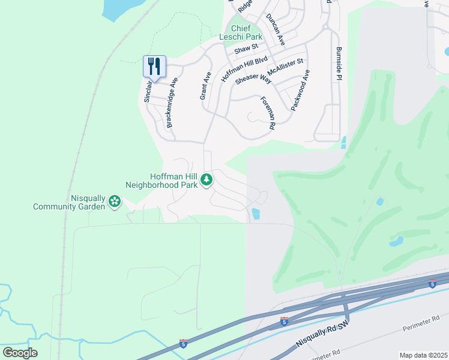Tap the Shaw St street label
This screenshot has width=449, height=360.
click(247, 47)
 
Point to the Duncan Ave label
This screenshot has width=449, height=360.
click(275, 30)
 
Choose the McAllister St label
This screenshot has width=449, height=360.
click(286, 68)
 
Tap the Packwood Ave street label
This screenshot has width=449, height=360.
click(300, 89)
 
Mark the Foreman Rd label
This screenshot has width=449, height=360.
click(267, 113)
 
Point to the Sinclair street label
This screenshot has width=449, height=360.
click(148, 89)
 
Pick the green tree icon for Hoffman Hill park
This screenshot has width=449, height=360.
click(206, 179)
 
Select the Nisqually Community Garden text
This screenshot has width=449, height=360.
click(71, 202)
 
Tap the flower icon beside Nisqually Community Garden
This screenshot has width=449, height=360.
click(114, 203)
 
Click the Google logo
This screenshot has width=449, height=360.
click(20, 353)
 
